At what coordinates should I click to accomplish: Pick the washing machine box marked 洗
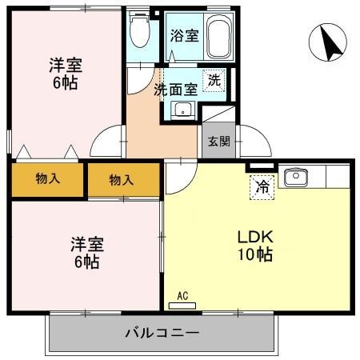[213, 79]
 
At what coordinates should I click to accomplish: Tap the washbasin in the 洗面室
[183, 110]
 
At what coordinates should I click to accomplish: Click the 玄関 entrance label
[218, 142]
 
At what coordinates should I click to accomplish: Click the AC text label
[183, 296]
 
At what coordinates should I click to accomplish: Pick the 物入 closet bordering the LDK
[122, 180]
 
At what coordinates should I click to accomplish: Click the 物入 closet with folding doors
[46, 178]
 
